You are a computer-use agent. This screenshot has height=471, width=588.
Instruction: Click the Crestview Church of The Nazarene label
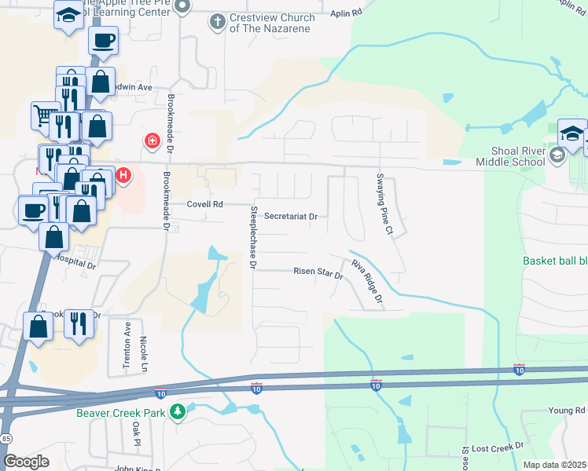(x=270, y=23)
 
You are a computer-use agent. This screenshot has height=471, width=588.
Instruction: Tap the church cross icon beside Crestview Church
(x=218, y=20)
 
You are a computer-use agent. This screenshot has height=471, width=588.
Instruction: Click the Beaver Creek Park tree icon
(x=178, y=411)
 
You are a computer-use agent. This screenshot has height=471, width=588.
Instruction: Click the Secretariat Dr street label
(x=290, y=217)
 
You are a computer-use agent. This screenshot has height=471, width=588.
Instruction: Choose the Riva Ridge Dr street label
(x=367, y=282)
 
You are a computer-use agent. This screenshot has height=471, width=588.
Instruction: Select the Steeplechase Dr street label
(x=253, y=237)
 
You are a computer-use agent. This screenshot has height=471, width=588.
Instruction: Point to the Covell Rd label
(x=205, y=204)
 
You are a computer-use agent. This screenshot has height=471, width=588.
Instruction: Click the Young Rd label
(x=567, y=411)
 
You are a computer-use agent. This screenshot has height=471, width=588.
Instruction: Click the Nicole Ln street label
(x=144, y=356)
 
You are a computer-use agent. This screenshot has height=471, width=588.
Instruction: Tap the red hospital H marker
(x=123, y=177)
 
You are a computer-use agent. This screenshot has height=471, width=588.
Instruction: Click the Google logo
(x=26, y=462)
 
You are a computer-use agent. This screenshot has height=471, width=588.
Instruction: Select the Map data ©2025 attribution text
(x=554, y=465)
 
